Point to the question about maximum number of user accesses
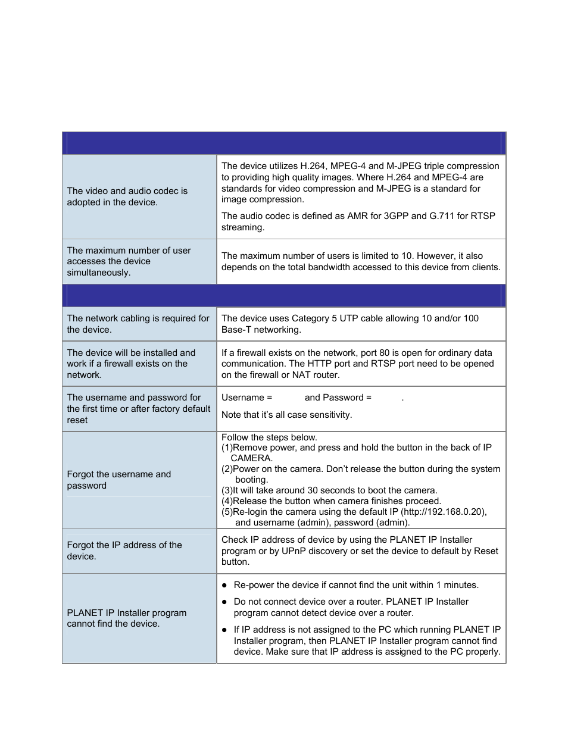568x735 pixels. click(x=129, y=261)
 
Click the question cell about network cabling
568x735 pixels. click(x=138, y=324)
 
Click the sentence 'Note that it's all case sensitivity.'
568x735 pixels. click(x=286, y=415)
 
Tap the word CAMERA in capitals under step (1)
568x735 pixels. click(x=251, y=458)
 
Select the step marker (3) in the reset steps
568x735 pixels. click(x=227, y=490)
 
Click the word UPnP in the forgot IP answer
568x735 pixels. click(x=294, y=551)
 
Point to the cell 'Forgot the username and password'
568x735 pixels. click(x=119, y=480)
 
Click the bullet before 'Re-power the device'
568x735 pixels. click(x=224, y=586)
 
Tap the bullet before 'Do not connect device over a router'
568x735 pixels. click(x=224, y=602)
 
